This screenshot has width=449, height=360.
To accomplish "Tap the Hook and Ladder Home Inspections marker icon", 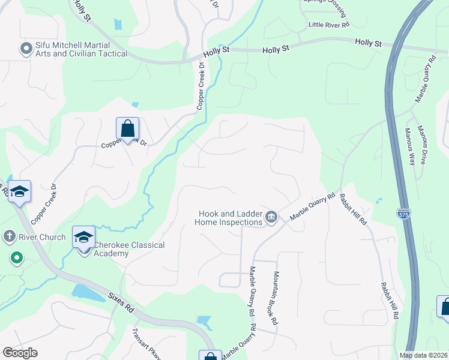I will click(271, 217).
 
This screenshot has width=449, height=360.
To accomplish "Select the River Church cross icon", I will click(8, 236).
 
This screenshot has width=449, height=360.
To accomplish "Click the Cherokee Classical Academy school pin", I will click(83, 237).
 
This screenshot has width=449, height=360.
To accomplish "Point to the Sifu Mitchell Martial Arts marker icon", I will click(26, 49).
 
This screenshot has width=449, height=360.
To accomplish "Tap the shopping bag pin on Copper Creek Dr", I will click(127, 128).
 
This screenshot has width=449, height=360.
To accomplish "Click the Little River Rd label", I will click(328, 25).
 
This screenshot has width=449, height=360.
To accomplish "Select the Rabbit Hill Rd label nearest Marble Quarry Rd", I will click(353, 209).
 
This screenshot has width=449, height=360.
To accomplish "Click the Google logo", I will click(20, 353).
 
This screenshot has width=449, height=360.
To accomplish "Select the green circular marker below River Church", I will click(16, 259).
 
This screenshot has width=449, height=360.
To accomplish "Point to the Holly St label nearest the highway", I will click(368, 43).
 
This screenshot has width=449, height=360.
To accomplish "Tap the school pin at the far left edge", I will click(20, 191).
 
